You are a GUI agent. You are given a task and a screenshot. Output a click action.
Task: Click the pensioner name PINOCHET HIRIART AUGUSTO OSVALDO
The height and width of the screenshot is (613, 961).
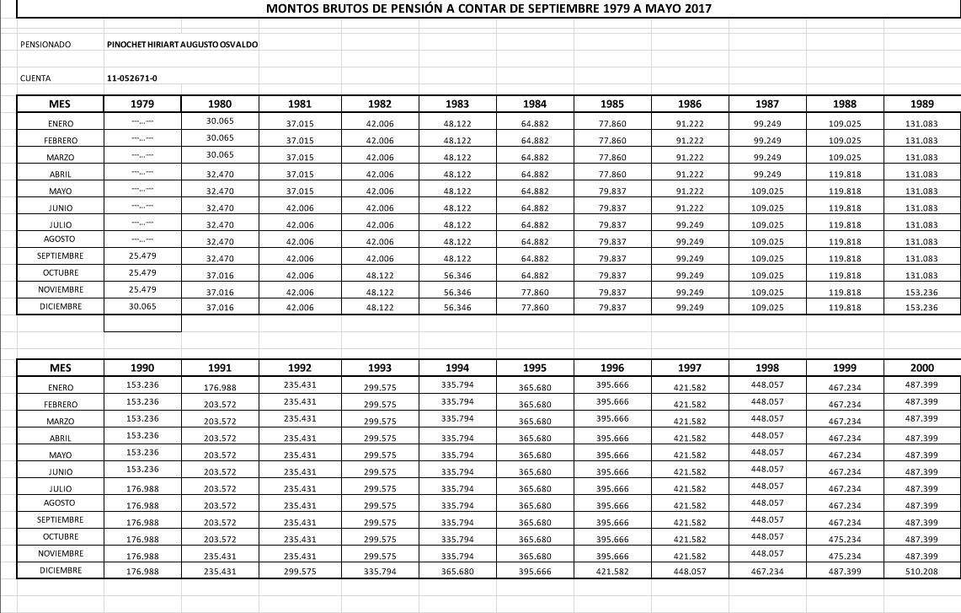[x=183, y=44]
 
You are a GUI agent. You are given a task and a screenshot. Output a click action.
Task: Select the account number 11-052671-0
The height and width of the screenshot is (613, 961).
[x=132, y=78]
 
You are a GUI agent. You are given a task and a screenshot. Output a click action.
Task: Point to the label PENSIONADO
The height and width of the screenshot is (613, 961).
[x=45, y=44]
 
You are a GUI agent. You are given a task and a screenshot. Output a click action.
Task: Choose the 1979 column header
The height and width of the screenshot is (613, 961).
[x=142, y=105]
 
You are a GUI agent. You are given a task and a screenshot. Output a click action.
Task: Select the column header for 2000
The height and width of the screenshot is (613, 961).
[x=923, y=368]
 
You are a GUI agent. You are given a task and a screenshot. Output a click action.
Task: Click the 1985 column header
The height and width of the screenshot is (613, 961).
[x=612, y=105]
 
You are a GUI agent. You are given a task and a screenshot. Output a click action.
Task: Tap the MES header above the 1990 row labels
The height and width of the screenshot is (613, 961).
[x=60, y=368]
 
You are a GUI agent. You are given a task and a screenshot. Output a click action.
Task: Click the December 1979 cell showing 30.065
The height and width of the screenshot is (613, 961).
[x=142, y=307]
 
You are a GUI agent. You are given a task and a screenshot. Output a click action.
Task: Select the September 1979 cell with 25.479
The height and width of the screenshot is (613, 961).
[x=142, y=256]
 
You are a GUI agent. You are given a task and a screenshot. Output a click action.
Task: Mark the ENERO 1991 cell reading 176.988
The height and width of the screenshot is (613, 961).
[x=220, y=388]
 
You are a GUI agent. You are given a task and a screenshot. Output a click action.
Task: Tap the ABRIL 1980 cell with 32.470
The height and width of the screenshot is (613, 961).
[x=220, y=175]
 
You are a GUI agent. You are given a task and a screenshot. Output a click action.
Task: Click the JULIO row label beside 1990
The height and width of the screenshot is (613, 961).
[x=60, y=488]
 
